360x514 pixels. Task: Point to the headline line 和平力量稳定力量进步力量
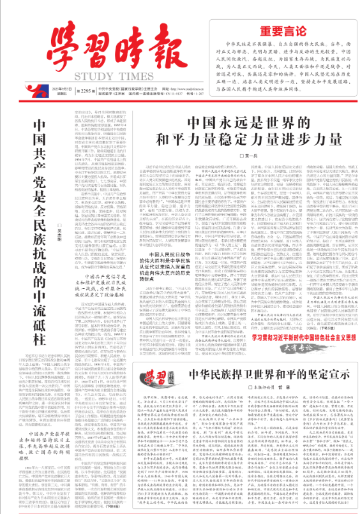(248, 140)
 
